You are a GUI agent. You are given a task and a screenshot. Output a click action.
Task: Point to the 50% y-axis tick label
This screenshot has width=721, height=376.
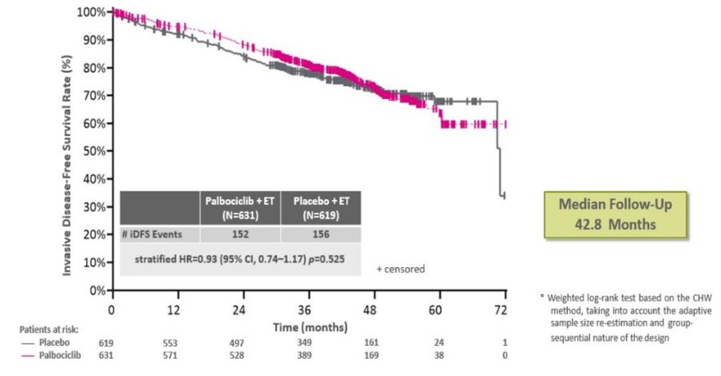coord(94,151)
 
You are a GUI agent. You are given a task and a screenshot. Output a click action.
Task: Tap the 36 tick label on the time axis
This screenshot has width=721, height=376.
coord(305,311)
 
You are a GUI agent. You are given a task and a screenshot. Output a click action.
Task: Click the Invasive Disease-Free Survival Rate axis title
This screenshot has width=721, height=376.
coord(67,151)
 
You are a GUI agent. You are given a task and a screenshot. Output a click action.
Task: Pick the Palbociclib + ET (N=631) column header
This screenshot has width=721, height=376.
coord(240,208)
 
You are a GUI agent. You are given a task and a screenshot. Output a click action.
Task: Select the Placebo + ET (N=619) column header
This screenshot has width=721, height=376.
coord(320,208)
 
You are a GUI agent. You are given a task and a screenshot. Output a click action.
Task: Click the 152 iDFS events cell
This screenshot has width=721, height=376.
coord(240,234)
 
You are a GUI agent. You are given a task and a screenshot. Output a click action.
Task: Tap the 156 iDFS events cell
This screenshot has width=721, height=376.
coord(320,234)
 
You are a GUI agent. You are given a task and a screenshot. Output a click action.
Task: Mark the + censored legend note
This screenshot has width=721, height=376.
coord(401,269)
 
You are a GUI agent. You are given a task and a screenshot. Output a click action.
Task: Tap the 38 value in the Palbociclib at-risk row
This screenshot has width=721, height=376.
coord(438,355)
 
